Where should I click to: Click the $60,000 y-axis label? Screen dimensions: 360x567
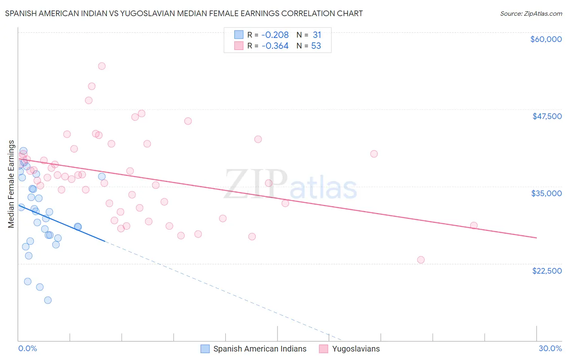546,39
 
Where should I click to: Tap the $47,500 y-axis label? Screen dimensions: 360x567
547,116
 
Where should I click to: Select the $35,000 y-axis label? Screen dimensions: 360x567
546,193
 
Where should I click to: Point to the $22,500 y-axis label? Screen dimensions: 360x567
547,271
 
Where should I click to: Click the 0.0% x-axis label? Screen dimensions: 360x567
27,348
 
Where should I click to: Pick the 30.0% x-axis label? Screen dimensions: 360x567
550,348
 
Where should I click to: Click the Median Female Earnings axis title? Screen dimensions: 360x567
11,184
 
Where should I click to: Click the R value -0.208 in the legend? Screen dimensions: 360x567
275,35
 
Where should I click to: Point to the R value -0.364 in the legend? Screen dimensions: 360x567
275,46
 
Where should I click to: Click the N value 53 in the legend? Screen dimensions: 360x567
316,46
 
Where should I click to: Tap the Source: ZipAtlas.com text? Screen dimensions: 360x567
531,14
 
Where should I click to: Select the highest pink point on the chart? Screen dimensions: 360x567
102,66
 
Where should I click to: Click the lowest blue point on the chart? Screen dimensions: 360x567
48,300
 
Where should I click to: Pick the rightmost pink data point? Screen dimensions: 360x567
474,226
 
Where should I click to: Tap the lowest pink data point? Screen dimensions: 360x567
421,260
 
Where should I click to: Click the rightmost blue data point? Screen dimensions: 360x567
102,176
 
